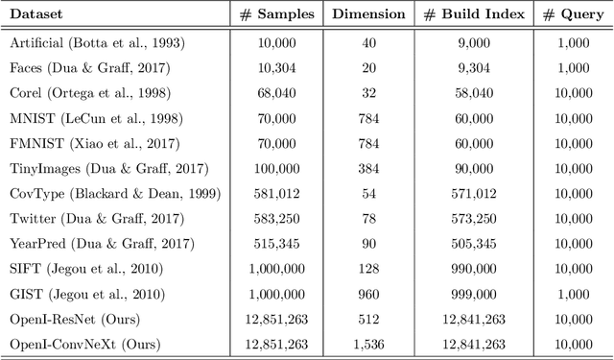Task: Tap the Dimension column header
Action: point(367,16)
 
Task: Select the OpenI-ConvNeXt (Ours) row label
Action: point(84,344)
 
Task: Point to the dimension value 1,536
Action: point(368,344)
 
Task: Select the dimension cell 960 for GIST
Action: point(368,294)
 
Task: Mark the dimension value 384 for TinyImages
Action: point(368,169)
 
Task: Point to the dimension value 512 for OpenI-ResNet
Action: point(368,319)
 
